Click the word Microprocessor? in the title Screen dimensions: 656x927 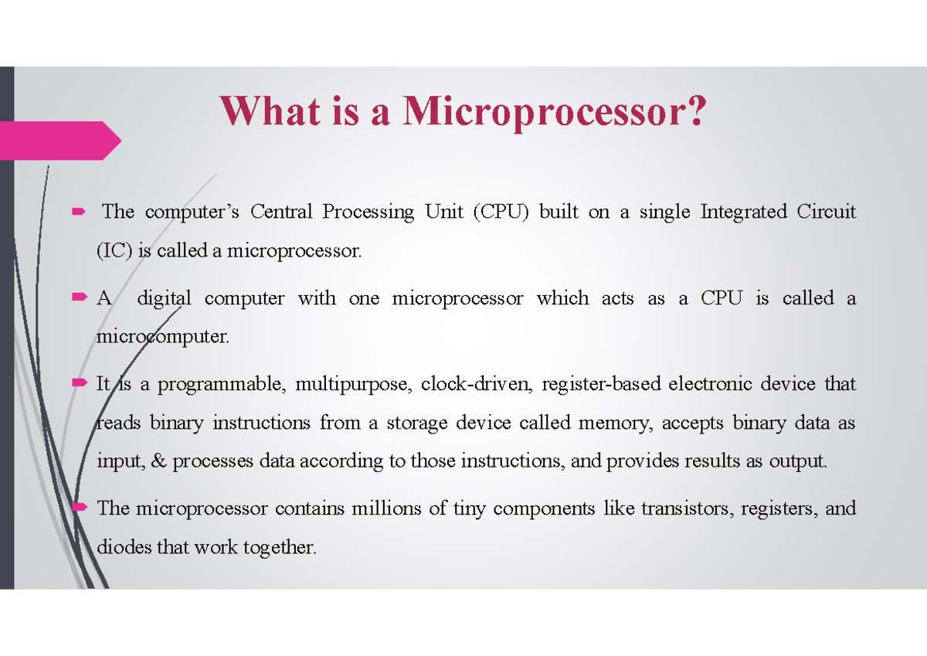(x=553, y=112)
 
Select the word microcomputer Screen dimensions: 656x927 (x=163, y=338)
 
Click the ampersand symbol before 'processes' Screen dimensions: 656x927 (x=160, y=462)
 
